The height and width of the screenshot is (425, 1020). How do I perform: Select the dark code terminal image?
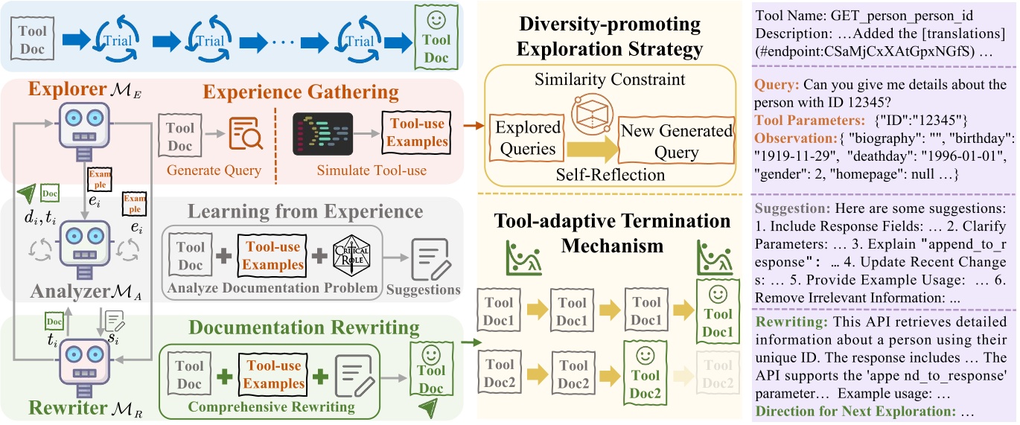pyautogui.click(x=322, y=133)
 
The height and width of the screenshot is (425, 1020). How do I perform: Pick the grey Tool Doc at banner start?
pyautogui.click(x=32, y=39)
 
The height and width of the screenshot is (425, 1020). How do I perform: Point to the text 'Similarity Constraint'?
pyautogui.click(x=610, y=78)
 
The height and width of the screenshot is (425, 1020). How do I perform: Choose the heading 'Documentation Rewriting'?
pyautogui.click(x=304, y=327)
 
